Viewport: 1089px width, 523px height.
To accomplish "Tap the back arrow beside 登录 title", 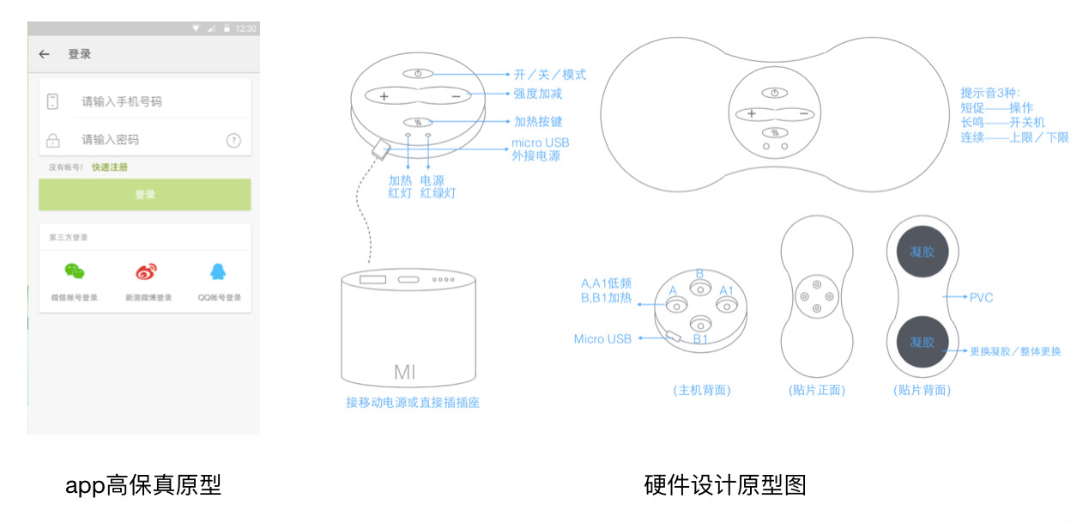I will pos(45,54).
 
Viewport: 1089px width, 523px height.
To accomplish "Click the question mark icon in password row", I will pos(233,140).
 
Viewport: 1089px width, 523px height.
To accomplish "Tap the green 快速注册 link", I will pos(110,167).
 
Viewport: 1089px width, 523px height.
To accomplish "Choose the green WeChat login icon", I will pos(75,272).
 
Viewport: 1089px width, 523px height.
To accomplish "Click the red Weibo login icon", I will pos(147,272).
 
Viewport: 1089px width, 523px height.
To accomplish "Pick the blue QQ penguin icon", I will pos(218,272).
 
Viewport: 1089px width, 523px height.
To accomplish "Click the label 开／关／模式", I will pos(550,75).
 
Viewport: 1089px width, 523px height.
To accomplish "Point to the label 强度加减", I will pos(538,94).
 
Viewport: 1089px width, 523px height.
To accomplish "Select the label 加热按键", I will pos(538,122).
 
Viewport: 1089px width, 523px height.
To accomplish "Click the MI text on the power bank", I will pos(405,372).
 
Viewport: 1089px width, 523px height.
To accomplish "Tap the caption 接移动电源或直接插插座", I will pos(413,402).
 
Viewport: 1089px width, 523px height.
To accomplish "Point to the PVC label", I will pos(981,297).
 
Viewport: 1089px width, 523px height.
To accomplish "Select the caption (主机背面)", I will pos(702,390).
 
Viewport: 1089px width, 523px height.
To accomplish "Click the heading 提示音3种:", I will pos(990,93).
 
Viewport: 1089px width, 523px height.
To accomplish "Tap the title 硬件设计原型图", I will pos(725,485).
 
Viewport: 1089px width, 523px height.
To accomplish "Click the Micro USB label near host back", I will pos(602,339).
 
